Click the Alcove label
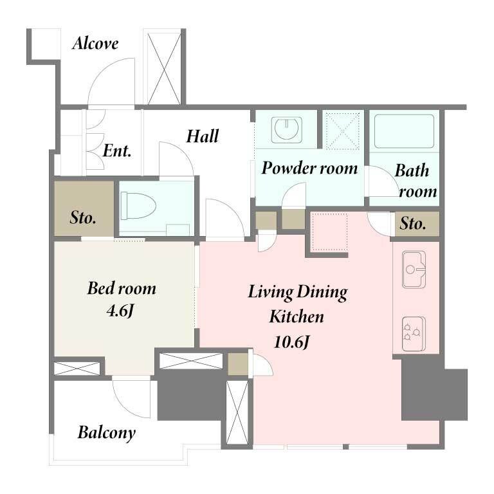pyautogui.click(x=95, y=44)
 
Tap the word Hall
pyautogui.click(x=202, y=136)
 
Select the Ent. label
pyautogui.click(x=117, y=151)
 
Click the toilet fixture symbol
pyautogui.click(x=138, y=206)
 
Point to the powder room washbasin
pyautogui.click(x=286, y=129)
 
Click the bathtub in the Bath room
pyautogui.click(x=403, y=131)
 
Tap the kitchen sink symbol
pyautogui.click(x=414, y=270)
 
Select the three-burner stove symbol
pyautogui.click(x=414, y=334)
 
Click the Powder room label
pyautogui.click(x=309, y=168)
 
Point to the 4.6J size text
pyautogui.click(x=120, y=311)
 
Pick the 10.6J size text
pyautogui.click(x=292, y=342)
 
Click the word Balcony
pyautogui.click(x=107, y=433)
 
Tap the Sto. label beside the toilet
pyautogui.click(x=83, y=217)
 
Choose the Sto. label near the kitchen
pyautogui.click(x=413, y=224)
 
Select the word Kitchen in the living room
pyautogui.click(x=297, y=316)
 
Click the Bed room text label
pyautogui.click(x=122, y=288)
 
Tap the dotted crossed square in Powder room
pyautogui.click(x=343, y=131)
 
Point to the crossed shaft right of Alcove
pyautogui.click(x=164, y=69)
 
